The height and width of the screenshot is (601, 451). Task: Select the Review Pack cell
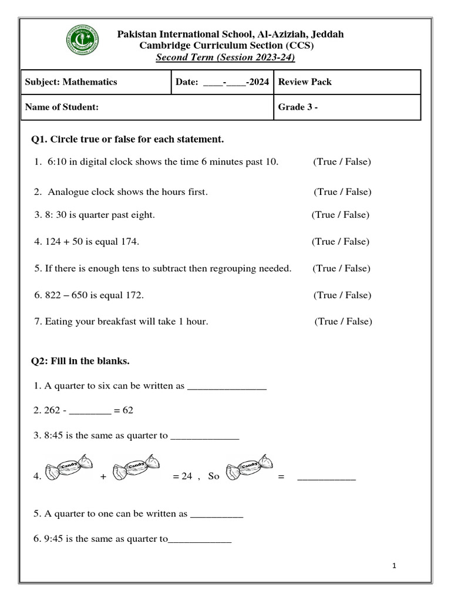coord(346,82)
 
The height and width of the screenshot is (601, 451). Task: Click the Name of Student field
coord(147,107)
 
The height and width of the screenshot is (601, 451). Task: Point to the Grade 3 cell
coord(346,107)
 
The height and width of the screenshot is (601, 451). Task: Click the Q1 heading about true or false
coord(127,140)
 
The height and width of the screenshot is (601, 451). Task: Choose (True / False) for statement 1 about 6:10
coord(342,161)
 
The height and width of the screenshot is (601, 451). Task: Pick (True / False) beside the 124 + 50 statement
coord(341,241)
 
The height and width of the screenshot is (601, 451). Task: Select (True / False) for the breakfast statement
coord(343,321)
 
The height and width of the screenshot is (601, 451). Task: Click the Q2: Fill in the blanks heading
coord(80,361)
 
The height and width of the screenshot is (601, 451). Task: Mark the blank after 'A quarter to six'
coord(227,387)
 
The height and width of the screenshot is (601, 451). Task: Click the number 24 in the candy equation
coord(187,477)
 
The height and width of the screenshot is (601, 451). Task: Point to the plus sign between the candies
coord(103,477)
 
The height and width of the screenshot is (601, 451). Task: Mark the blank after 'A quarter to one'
coord(217,515)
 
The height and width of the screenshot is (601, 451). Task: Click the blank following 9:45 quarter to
coord(200,541)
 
